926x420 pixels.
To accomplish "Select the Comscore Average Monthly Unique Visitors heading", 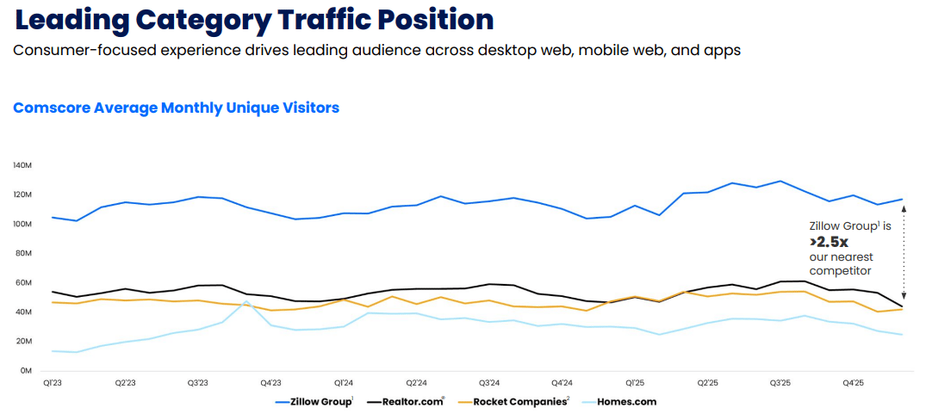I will [176, 108].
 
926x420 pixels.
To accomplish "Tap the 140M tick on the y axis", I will [22, 165].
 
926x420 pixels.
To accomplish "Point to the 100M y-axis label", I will [22, 224].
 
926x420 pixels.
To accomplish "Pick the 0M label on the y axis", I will [27, 370].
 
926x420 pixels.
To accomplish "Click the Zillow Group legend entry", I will [314, 401].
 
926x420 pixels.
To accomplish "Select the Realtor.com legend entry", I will [407, 401].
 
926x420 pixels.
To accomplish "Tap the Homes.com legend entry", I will [620, 401].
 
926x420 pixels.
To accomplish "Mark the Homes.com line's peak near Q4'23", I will [246, 301].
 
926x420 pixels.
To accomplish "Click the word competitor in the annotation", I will [840, 270].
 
